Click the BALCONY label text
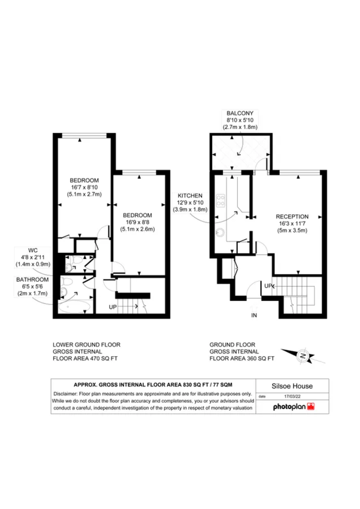240,113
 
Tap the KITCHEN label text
190,196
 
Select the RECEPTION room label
292,217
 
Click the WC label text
33,250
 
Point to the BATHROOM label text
33,280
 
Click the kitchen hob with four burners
220,200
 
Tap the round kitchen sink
220,232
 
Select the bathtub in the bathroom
74,307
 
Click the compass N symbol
303,356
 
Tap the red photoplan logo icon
311,406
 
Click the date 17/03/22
292,396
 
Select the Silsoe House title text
292,386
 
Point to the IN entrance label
254,315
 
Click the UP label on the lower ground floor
112,307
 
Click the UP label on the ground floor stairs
268,286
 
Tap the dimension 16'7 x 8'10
84,187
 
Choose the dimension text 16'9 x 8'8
138,222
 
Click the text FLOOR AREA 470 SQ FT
85,358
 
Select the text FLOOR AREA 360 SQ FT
242,358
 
